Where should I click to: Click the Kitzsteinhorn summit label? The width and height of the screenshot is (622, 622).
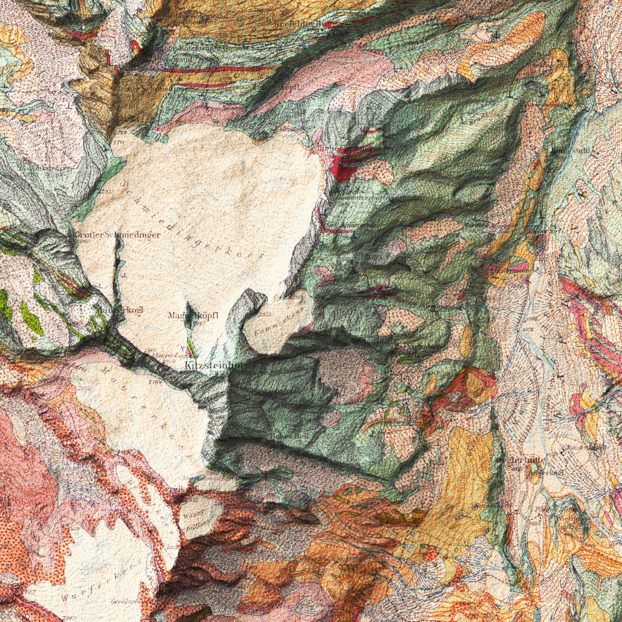click(x=217, y=365)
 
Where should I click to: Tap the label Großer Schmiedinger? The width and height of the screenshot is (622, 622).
click(x=117, y=235)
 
